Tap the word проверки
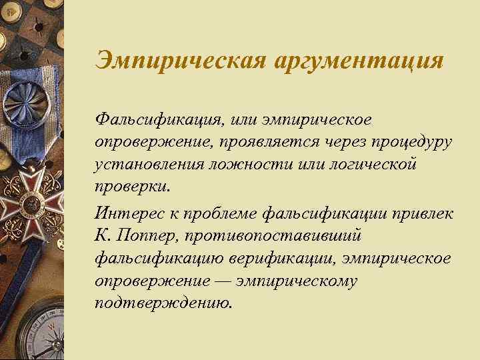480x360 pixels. coord(131,185)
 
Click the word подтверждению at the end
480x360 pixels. coord(164,303)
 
